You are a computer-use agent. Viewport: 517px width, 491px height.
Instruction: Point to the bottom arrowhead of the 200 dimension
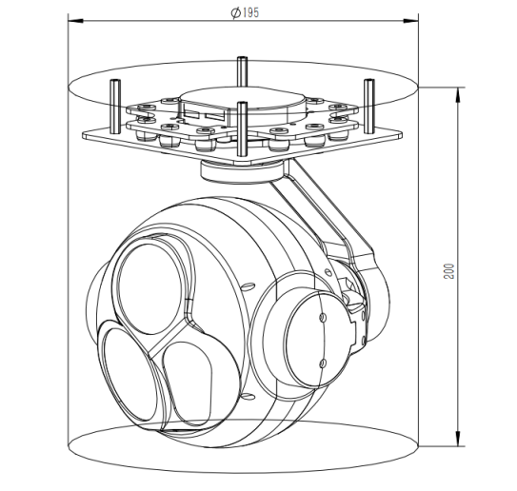pyautogui.click(x=461, y=445)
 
